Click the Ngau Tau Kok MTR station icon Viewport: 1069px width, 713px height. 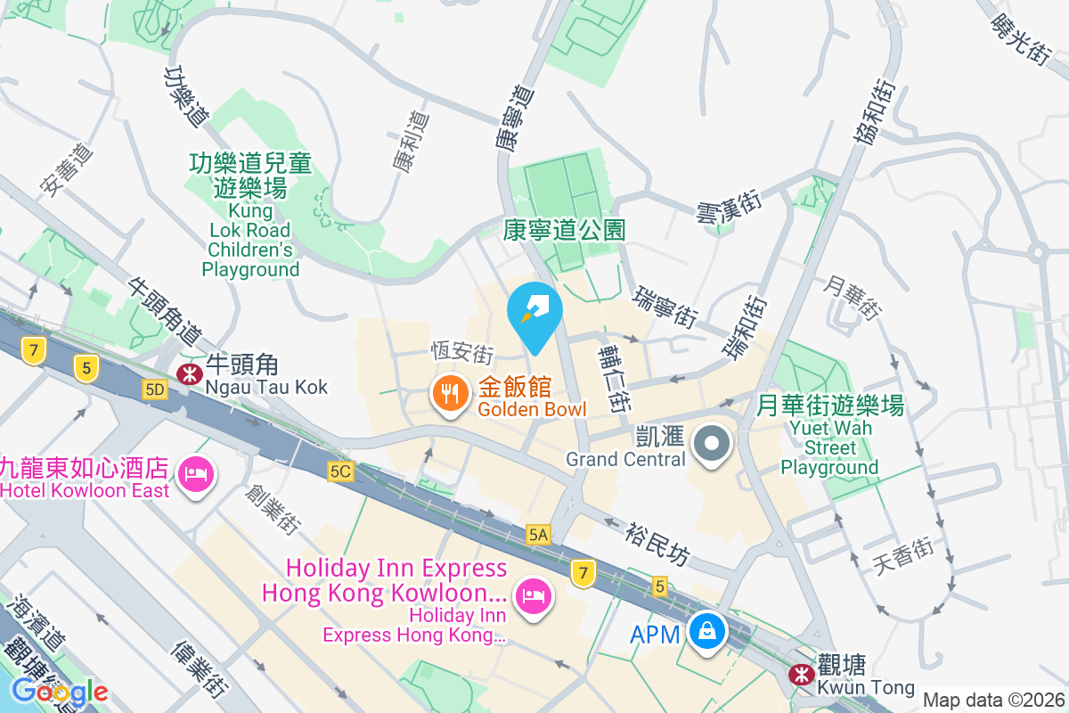188,373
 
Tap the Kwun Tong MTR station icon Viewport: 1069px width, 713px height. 800,675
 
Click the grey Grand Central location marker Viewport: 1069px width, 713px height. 712,443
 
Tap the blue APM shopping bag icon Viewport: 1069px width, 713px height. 706,632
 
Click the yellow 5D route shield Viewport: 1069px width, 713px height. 155,389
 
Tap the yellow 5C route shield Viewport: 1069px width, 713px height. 340,471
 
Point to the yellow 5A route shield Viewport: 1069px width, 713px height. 539,534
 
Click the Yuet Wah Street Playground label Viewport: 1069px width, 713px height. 829,437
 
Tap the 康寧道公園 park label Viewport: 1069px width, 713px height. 564,231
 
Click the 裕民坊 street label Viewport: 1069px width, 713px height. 657,543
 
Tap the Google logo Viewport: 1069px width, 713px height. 60,692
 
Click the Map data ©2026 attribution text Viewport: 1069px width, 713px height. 993,700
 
